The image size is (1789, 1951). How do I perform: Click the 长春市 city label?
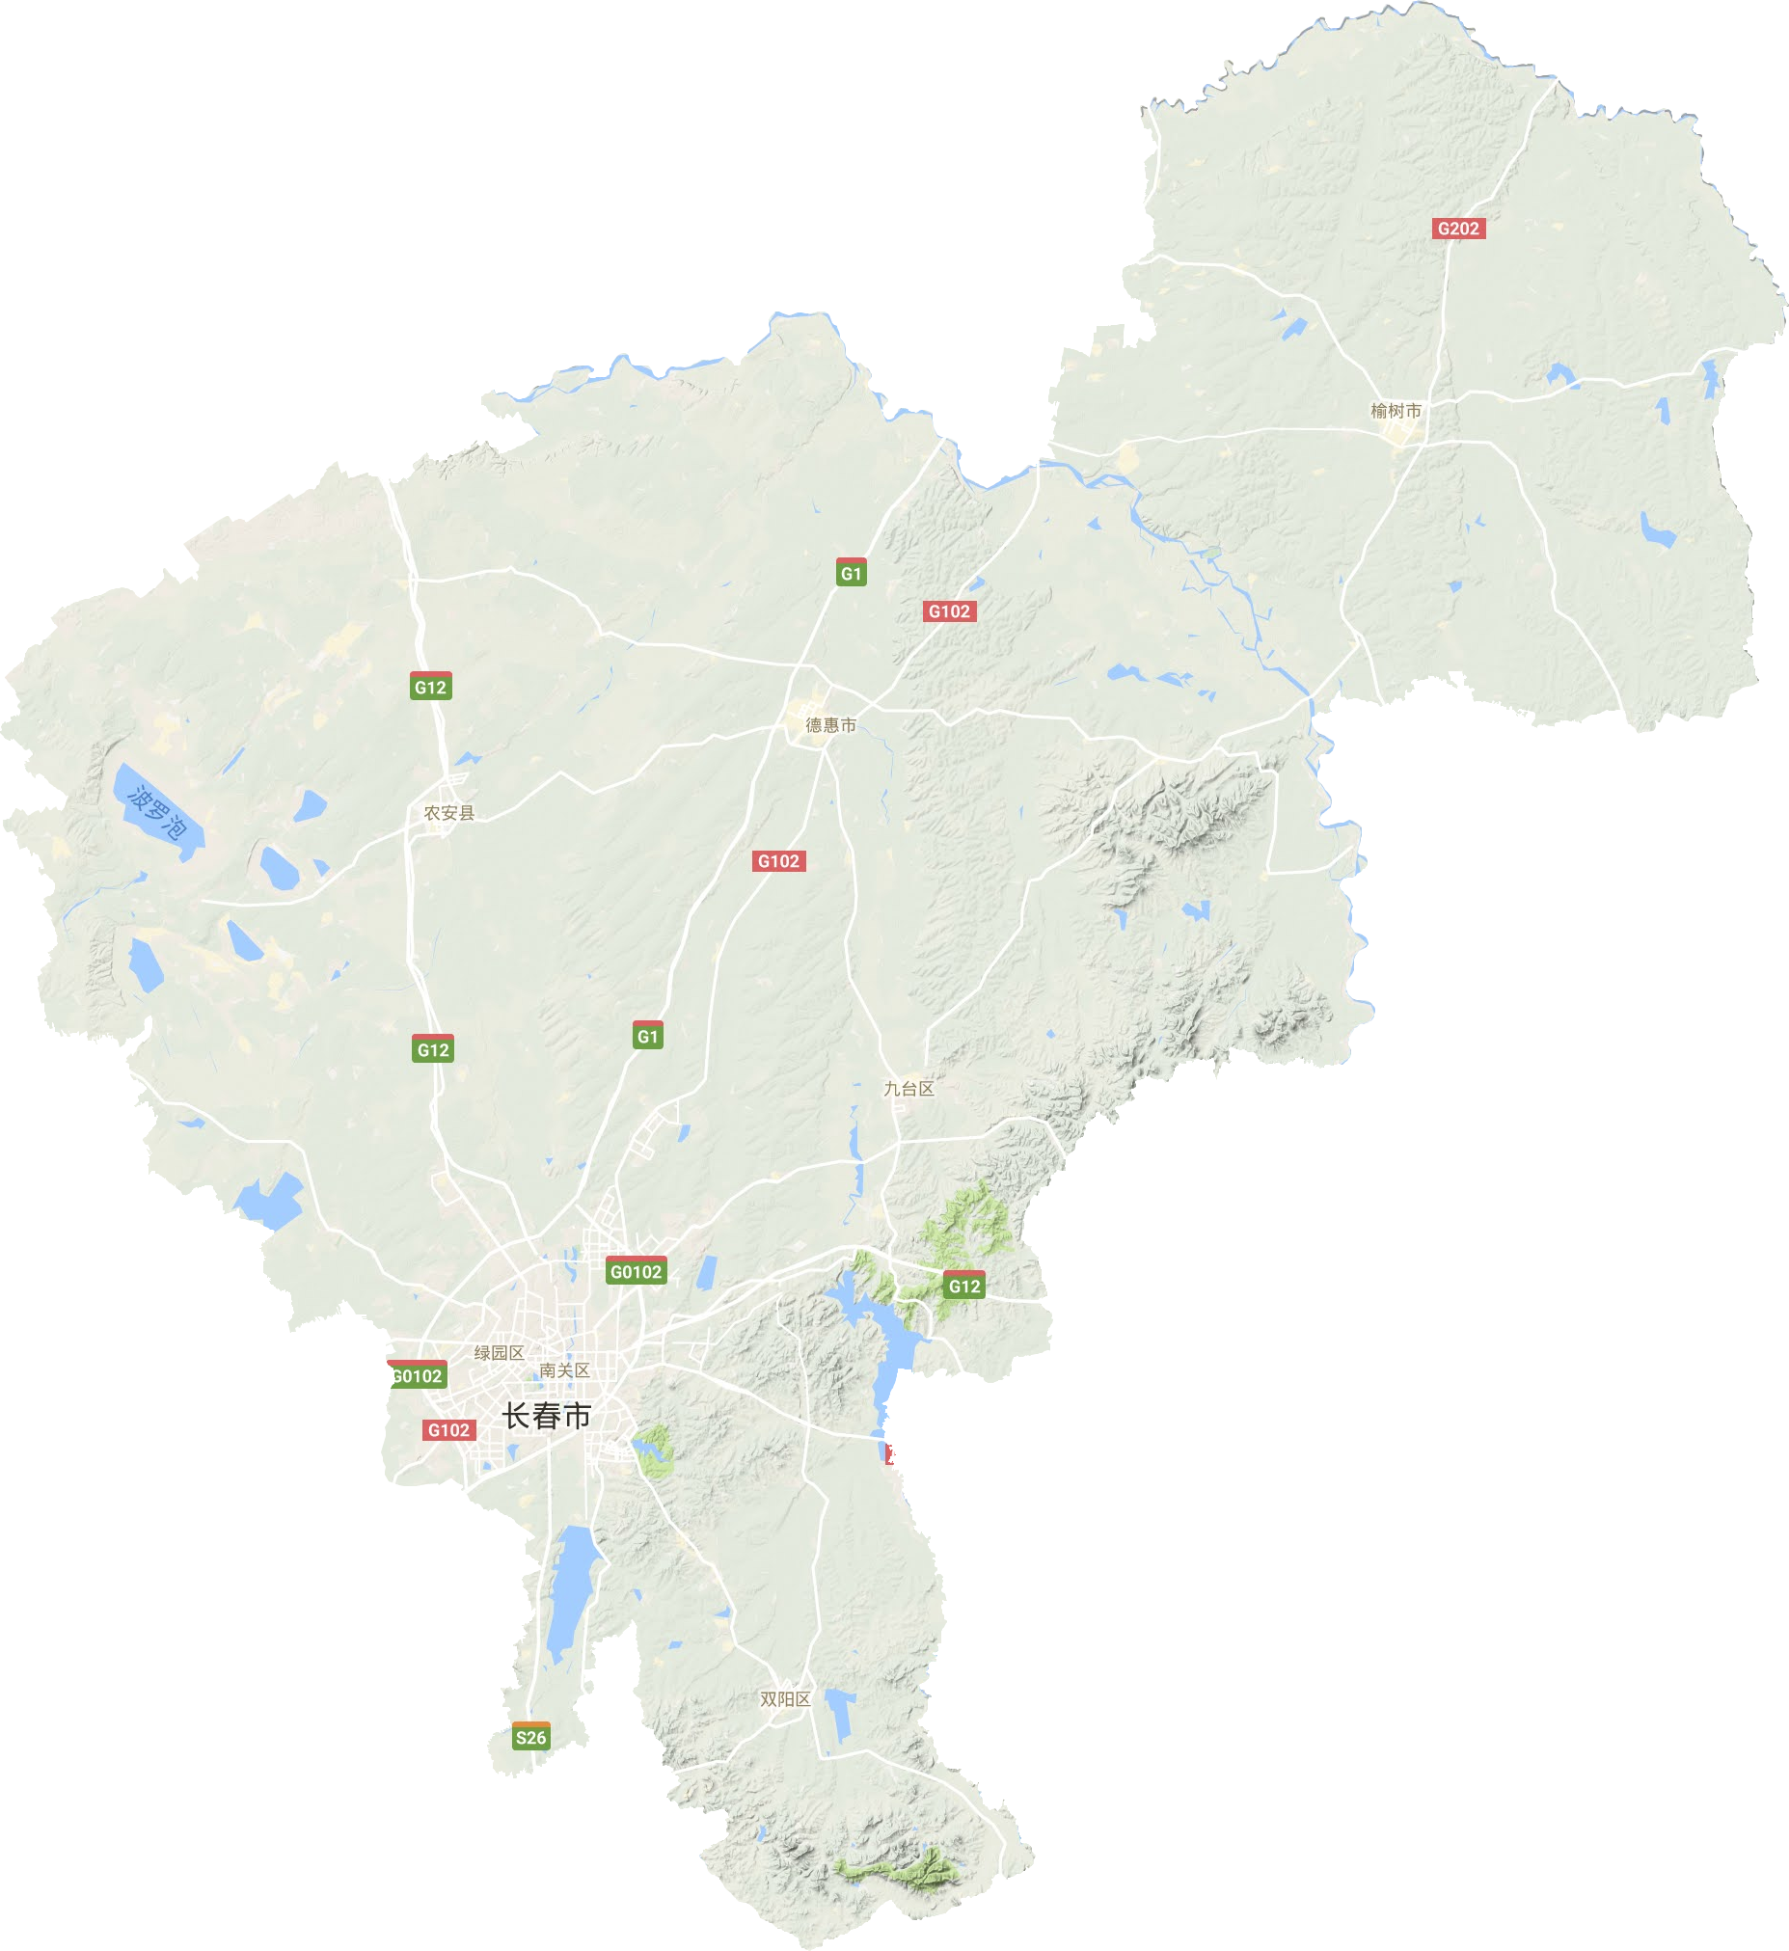[546, 1417]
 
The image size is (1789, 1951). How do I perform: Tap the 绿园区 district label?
[499, 1353]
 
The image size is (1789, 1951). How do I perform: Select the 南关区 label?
[564, 1370]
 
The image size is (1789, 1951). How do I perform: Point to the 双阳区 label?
[785, 1699]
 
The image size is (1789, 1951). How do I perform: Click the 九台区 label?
[909, 1088]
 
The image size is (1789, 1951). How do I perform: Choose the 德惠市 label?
[830, 725]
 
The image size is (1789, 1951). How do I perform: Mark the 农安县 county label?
[449, 813]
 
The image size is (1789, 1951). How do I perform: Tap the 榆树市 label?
[1396, 411]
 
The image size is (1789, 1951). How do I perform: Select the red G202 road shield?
[1458, 229]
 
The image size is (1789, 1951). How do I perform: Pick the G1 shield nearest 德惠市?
[851, 572]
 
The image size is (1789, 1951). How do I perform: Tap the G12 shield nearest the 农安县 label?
[430, 686]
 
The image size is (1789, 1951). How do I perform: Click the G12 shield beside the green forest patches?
[963, 1285]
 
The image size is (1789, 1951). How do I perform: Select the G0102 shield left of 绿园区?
[418, 1375]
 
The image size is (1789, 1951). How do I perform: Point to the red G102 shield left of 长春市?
[448, 1430]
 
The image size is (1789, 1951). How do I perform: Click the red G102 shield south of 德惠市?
[778, 861]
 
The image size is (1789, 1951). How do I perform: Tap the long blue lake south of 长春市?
[571, 1588]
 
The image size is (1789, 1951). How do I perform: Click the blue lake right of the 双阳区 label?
[839, 1715]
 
